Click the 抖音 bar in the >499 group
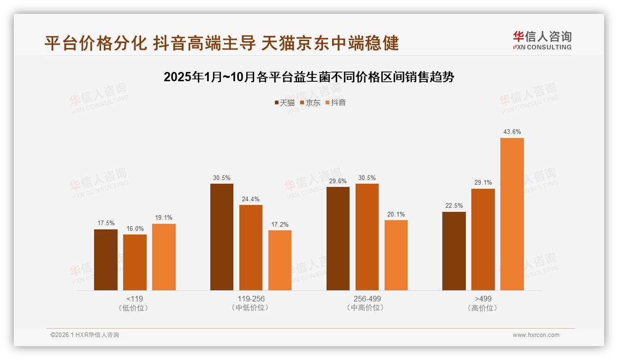[512, 214]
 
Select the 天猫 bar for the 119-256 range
[222, 237]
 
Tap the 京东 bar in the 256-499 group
[367, 237]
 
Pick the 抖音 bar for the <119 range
[164, 257]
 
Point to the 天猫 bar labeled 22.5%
[454, 251]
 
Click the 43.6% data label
[512, 132]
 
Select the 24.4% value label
[250, 199]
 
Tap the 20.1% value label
[396, 214]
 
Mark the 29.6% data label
[338, 181]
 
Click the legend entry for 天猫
[284, 102]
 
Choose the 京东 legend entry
[310, 102]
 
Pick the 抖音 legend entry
[335, 102]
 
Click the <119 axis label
[135, 299]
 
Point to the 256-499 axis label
[367, 299]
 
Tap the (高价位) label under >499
[483, 308]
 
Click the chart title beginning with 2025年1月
[309, 77]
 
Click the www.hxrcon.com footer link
[535, 335]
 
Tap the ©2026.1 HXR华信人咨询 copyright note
[85, 335]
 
